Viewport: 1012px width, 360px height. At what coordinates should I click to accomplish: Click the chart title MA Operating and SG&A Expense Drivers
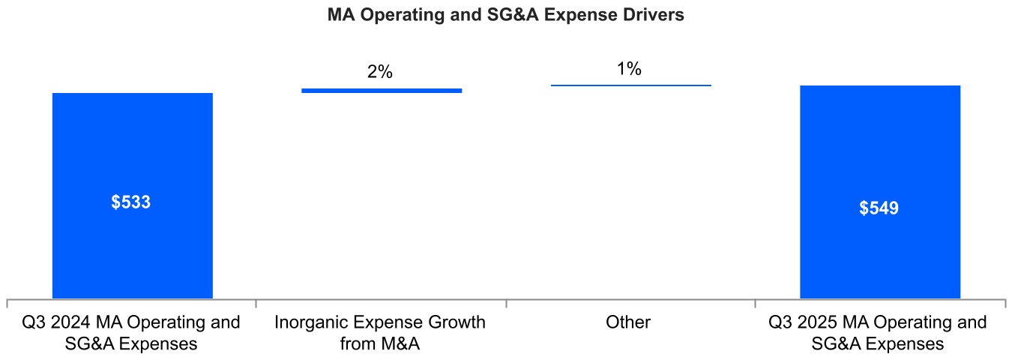click(x=505, y=15)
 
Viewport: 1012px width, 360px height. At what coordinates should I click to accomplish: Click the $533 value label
click(x=131, y=202)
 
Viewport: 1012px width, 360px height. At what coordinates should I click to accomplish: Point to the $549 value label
click(x=879, y=208)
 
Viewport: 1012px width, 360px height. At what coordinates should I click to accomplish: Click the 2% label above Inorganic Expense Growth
click(x=380, y=72)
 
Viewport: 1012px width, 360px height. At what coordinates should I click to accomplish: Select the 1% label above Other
click(x=629, y=69)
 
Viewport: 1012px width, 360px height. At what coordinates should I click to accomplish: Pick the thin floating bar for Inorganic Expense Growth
click(x=382, y=91)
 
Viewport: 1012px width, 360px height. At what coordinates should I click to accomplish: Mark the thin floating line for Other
click(x=630, y=85)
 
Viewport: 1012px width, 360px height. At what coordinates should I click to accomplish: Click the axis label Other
click(x=629, y=322)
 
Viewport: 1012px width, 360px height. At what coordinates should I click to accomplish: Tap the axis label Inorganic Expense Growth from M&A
click(x=380, y=333)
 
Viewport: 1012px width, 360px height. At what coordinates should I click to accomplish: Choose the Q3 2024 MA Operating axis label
click(x=131, y=333)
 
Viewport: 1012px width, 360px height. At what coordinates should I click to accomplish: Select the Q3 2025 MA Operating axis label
click(x=878, y=333)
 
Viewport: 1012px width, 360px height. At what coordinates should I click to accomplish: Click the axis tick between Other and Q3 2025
click(x=756, y=303)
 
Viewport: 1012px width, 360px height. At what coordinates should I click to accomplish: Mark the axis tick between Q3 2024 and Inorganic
click(x=256, y=303)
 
